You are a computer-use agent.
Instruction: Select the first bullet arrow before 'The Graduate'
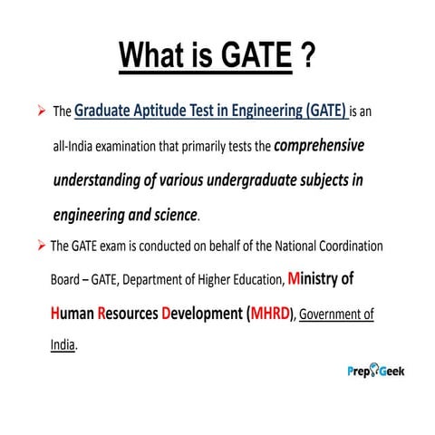41,112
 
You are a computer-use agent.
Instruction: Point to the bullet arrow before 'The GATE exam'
40,246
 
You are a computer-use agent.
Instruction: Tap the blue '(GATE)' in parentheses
322,111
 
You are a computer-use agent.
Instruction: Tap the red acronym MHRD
264,314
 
